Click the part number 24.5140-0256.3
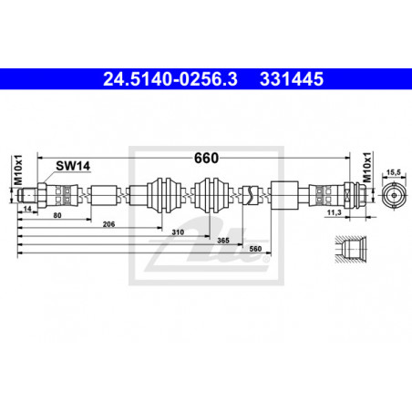coord(170,79)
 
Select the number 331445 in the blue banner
coord(292,79)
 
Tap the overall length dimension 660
coord(206,158)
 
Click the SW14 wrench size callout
coord(73,166)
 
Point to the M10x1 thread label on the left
coord(18,170)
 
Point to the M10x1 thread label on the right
coord(367,167)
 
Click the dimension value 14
coord(27,209)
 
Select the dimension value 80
coord(57,215)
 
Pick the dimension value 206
coord(108,224)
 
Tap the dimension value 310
coord(178,232)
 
